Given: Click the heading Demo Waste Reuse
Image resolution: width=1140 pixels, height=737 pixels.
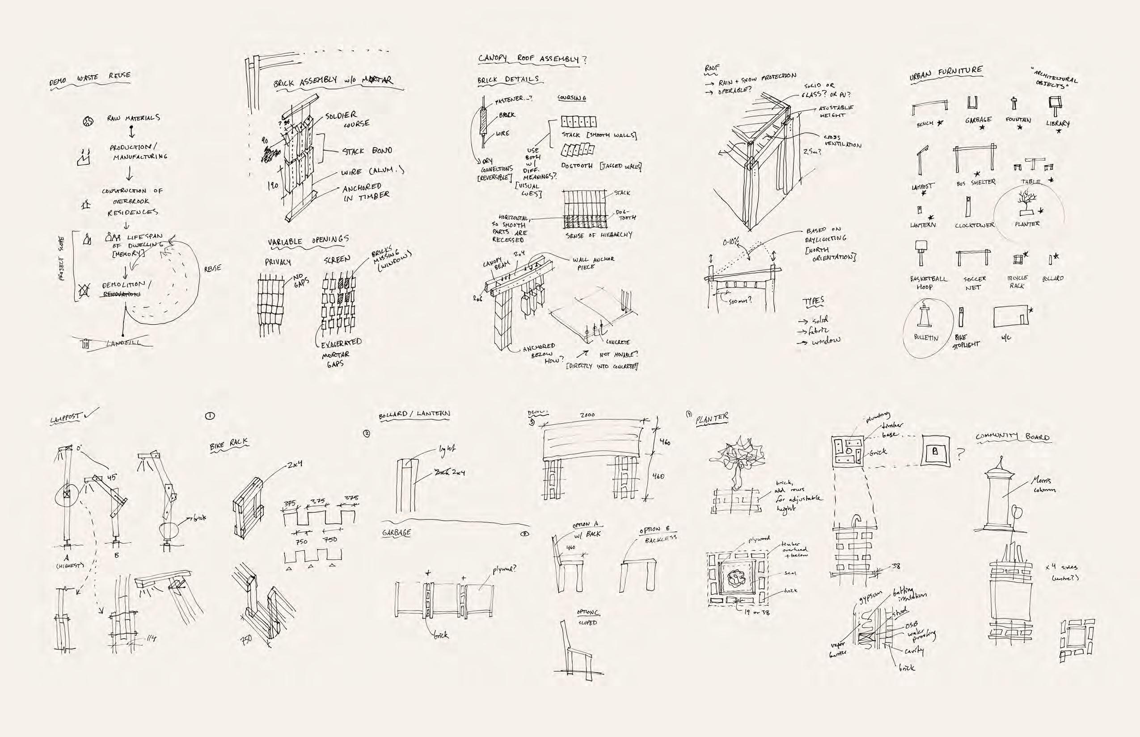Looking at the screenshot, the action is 89,80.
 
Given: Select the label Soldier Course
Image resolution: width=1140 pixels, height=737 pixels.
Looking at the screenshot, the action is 348,119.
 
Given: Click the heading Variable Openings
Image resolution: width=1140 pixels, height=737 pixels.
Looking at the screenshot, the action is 308,241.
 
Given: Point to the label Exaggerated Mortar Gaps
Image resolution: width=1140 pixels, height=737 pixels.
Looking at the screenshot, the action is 339,353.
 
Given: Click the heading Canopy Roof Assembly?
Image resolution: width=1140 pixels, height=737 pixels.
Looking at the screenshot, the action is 532,59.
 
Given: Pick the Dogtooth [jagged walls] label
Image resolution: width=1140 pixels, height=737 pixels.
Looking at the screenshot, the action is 601,166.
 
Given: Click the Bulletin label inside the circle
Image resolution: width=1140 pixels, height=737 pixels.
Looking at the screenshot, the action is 926,337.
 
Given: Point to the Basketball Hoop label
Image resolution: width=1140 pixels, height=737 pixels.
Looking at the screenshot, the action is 928,282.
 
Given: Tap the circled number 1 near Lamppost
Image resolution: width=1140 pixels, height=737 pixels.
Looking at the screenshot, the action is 209,416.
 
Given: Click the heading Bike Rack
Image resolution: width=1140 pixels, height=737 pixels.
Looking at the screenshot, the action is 229,445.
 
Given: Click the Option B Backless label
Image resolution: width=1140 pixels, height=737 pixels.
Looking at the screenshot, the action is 658,534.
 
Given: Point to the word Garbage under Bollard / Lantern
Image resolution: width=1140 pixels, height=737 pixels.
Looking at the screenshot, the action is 397,532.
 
